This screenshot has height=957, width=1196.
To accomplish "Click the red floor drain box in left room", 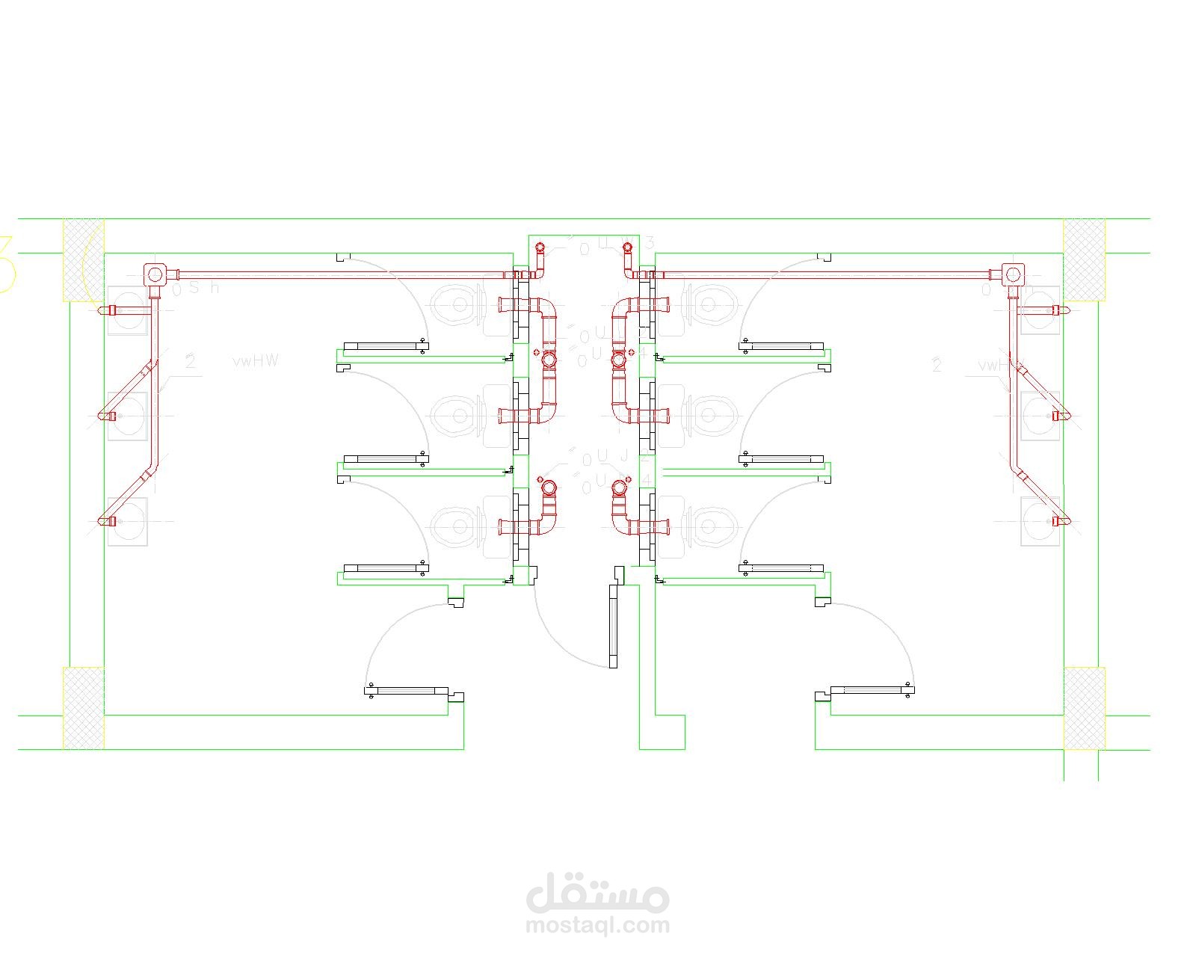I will [x=155, y=274].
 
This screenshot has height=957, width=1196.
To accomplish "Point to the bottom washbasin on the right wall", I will [x=1040, y=521].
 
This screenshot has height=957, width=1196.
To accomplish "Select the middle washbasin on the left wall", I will [x=127, y=416].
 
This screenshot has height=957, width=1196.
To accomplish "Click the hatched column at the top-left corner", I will [x=83, y=259].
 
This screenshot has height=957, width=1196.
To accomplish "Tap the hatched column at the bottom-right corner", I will [x=1084, y=708].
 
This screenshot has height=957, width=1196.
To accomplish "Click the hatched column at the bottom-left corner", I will [x=83, y=708].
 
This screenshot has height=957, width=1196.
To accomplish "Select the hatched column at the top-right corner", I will [x=1084, y=259].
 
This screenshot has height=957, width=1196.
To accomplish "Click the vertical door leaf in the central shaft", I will [x=613, y=626].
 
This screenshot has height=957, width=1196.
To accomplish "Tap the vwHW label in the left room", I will [x=256, y=361].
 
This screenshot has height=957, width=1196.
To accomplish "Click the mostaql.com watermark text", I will [x=598, y=926].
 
